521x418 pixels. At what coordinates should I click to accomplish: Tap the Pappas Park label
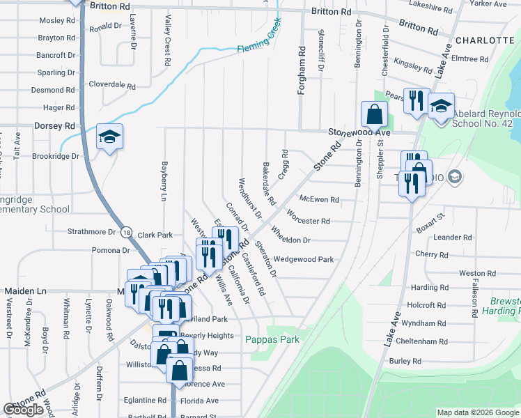(272, 339)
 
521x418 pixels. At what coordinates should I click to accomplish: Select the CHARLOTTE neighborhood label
(487, 40)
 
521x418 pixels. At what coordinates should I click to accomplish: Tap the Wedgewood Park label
(303, 259)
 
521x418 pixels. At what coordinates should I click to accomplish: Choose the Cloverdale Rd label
(112, 85)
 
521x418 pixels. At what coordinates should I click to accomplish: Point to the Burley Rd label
(405, 361)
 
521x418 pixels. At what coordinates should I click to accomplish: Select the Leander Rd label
(453, 238)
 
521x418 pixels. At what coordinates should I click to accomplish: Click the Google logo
(24, 410)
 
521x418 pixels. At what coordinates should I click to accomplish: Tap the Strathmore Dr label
(91, 231)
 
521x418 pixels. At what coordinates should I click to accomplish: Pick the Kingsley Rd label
(413, 65)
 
